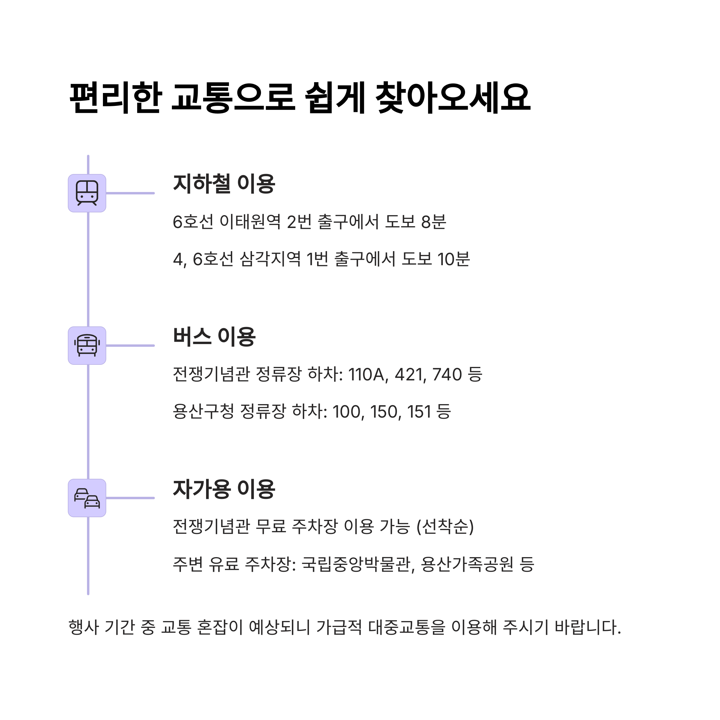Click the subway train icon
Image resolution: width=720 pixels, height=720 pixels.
pos(87,193)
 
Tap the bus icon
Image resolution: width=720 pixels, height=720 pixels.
pos(87,346)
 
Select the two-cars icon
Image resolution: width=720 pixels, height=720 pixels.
pos(87,498)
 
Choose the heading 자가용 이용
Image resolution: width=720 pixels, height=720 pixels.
pos(223,489)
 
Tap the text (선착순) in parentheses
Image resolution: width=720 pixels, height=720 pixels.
pos(445,526)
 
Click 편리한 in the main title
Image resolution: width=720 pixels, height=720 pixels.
pos(115,97)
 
